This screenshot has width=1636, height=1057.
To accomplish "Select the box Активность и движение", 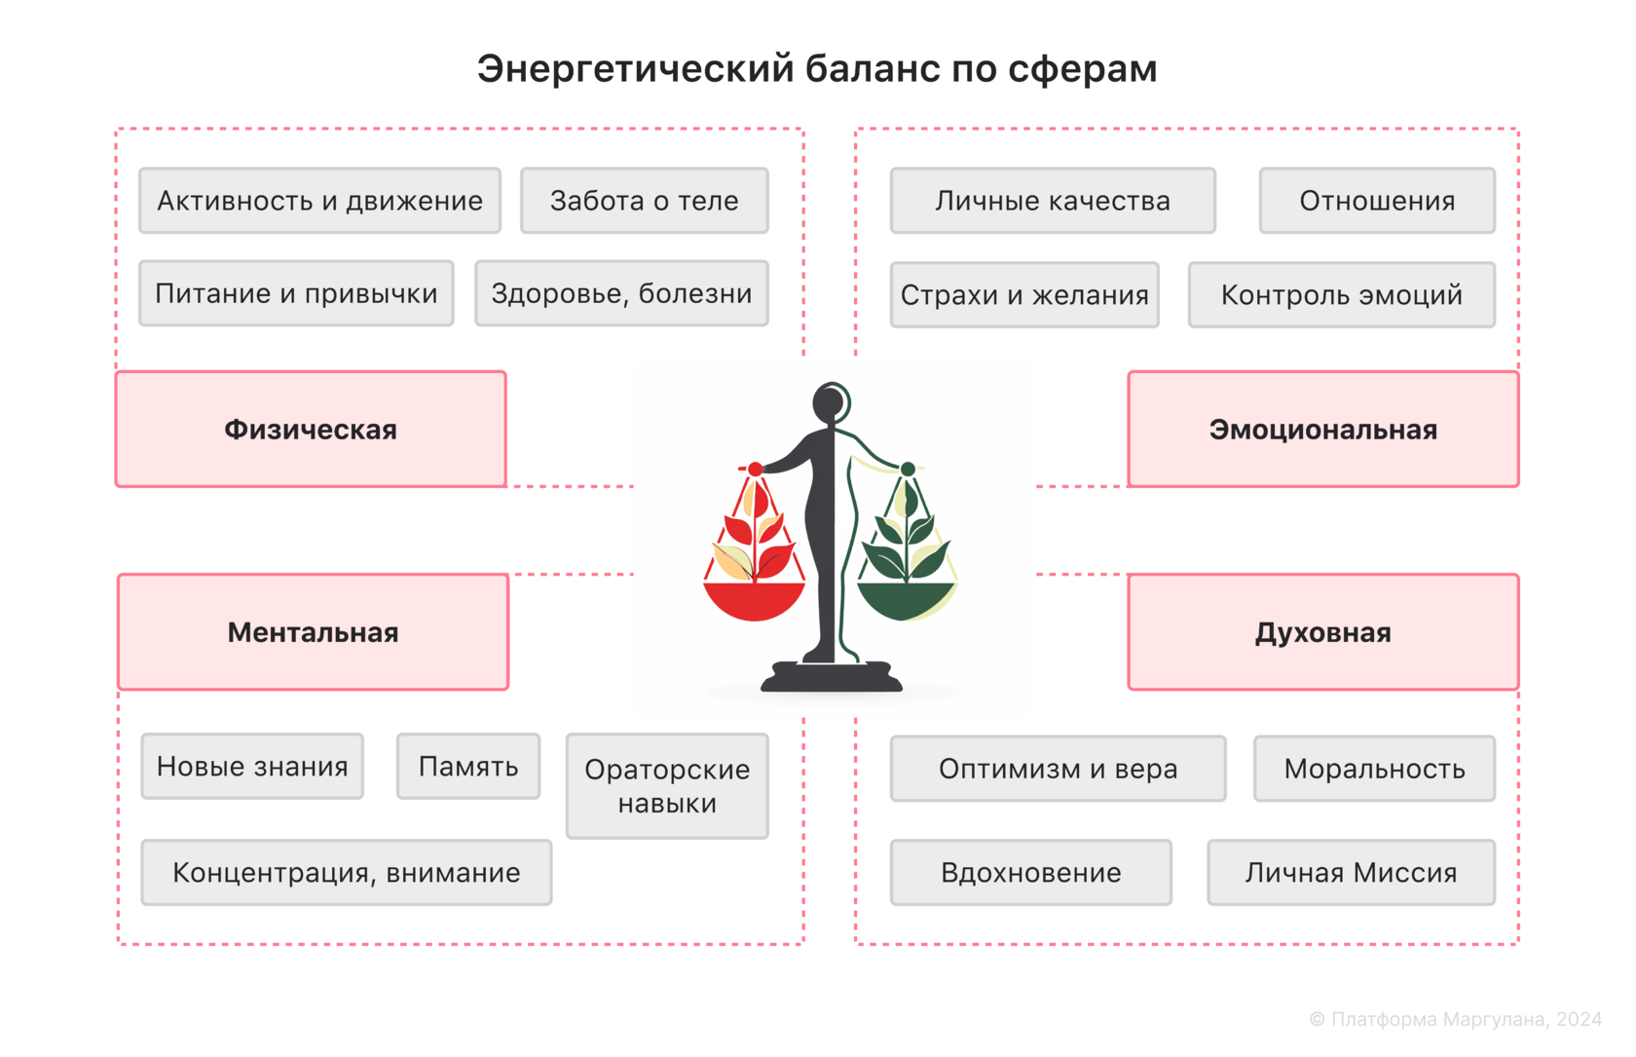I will tap(319, 201).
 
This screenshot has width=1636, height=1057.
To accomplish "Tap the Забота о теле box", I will tap(644, 201).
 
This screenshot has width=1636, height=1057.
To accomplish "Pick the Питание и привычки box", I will tap(296, 293).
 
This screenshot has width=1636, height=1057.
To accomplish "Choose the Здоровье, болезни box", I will tap(621, 293).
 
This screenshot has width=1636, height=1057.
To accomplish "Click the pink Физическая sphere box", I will tap(311, 430).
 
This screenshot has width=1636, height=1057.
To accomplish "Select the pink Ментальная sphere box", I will tap(313, 632).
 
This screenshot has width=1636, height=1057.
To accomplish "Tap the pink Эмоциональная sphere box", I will tap(1322, 430).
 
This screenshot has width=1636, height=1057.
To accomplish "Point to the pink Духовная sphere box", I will tap(1322, 632).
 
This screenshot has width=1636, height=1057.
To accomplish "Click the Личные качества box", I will tap(1053, 201).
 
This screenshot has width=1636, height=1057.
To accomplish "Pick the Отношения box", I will tap(1377, 201).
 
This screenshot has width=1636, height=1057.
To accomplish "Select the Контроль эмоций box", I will tap(1341, 294).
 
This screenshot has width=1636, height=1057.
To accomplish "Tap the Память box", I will tap(468, 767).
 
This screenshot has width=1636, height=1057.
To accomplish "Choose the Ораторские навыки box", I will tap(667, 786).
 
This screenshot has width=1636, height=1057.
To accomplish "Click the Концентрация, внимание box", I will tap(346, 873).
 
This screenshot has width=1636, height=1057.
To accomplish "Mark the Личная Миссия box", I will tap(1351, 873).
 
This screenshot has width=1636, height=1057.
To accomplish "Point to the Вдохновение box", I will tap(1030, 873).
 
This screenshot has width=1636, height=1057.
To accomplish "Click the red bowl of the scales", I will tap(754, 600).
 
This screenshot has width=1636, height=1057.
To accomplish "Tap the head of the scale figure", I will tap(831, 401).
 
